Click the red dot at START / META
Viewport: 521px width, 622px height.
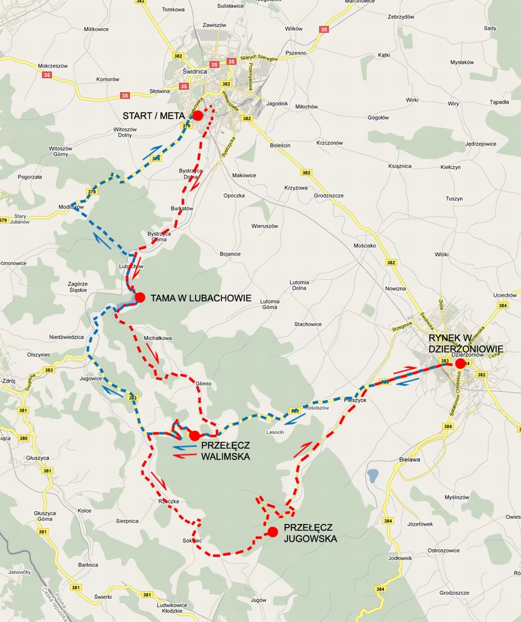[198, 115]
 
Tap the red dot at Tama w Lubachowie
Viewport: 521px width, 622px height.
[140, 298]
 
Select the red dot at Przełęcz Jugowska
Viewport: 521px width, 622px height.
[273, 532]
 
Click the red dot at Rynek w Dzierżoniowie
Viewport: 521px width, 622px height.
[460, 364]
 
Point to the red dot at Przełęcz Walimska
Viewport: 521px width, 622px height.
[195, 435]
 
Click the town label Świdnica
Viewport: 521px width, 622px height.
[195, 72]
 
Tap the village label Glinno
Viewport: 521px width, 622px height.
[203, 383]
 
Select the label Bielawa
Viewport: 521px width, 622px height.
[409, 460]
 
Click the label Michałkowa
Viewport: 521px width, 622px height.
[158, 338]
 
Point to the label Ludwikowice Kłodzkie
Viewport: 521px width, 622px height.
[172, 608]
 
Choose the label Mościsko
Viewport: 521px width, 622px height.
[365, 246]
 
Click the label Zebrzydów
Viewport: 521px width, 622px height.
[401, 17]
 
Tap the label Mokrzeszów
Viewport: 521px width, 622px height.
[53, 66]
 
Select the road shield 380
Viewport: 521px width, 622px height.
[23, 438]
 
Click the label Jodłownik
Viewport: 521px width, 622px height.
[400, 558]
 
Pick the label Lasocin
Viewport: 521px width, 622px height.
[275, 432]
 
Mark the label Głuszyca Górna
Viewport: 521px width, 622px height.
[45, 516]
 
